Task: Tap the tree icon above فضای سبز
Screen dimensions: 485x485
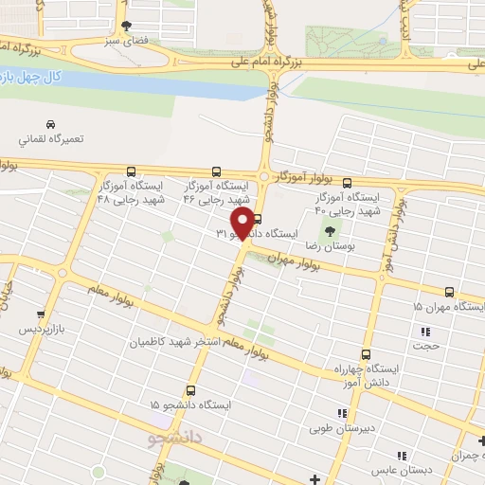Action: (x=126, y=26)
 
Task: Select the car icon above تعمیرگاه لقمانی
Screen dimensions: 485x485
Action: (x=50, y=124)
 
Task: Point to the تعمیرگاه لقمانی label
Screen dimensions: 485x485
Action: (x=51, y=139)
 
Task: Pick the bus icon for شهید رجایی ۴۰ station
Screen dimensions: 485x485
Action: (x=346, y=184)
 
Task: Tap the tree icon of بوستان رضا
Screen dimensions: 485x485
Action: (x=329, y=230)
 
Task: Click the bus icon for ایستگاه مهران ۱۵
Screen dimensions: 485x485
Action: (x=450, y=292)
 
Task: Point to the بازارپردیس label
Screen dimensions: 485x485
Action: (x=42, y=332)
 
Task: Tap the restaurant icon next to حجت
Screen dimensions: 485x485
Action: (x=424, y=332)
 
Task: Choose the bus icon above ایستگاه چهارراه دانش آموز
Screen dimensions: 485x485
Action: (x=366, y=353)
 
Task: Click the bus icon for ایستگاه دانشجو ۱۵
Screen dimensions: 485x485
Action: (x=191, y=390)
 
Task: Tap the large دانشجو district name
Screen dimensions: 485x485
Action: (x=176, y=440)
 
